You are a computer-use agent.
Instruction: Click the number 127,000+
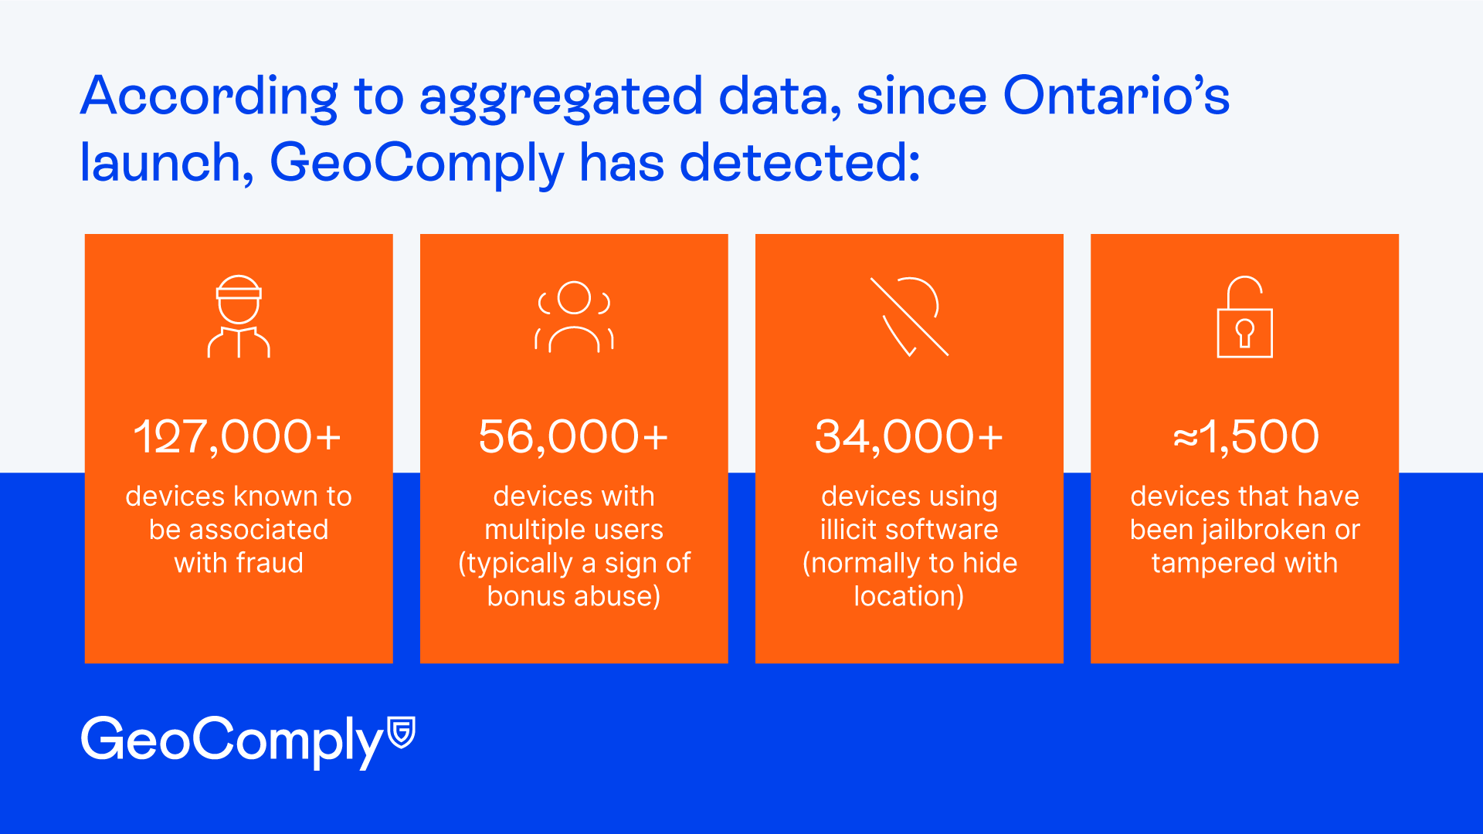tap(238, 437)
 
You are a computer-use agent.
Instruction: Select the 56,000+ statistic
tap(573, 437)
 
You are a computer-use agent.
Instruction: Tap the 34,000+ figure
tap(909, 437)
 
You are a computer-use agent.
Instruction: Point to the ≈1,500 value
tap(1245, 436)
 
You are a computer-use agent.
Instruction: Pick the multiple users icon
tap(574, 317)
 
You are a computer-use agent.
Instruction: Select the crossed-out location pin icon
tap(909, 316)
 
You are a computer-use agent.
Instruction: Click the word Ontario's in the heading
tap(1116, 97)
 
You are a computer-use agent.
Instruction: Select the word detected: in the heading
tap(799, 163)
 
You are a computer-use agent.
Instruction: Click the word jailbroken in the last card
tap(1261, 531)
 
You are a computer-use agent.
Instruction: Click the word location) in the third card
tap(909, 597)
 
